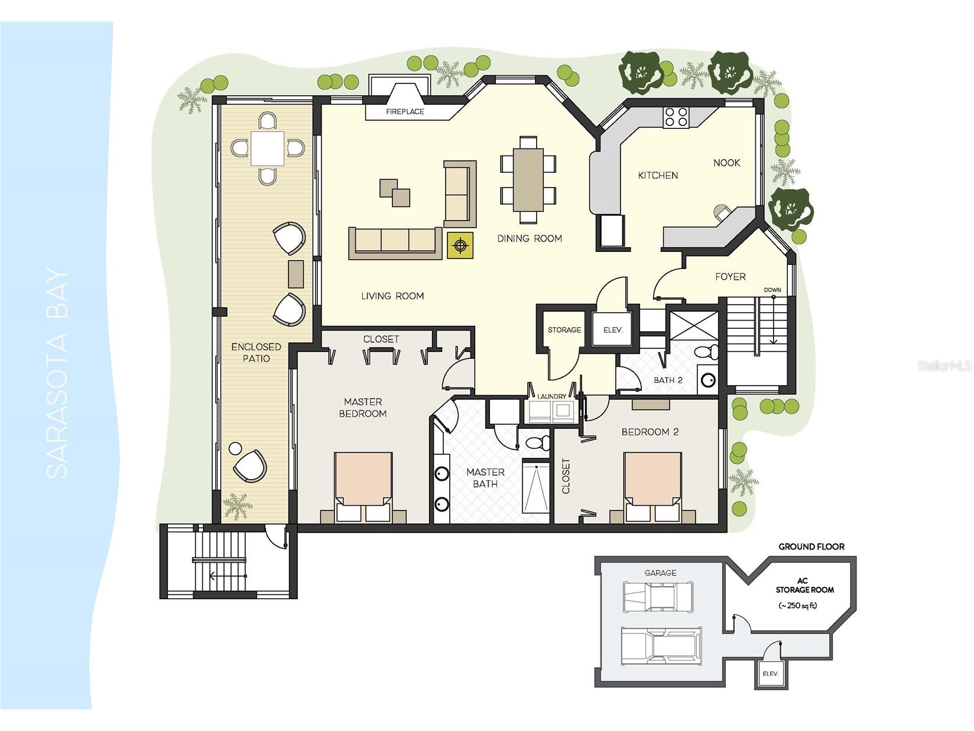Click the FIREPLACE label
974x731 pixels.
tap(405, 111)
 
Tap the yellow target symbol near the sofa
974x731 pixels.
tap(460, 245)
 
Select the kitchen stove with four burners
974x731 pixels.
tap(676, 117)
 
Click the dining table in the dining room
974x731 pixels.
tap(528, 179)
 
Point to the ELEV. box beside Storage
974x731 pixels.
tap(613, 330)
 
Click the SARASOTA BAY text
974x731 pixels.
tap(57, 374)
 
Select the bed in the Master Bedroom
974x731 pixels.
tap(363, 485)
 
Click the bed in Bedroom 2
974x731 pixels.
tap(652, 485)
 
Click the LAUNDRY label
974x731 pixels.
tap(551, 396)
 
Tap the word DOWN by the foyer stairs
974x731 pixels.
tap(772, 290)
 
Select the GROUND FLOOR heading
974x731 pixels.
tap(811, 546)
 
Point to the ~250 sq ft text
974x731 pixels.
tap(797, 605)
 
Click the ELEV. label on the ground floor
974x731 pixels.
tap(771, 674)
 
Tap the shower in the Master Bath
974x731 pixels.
tap(535, 489)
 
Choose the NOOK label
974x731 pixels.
tap(726, 163)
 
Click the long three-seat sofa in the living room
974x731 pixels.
tap(395, 242)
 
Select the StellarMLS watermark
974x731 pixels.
tap(944, 366)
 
